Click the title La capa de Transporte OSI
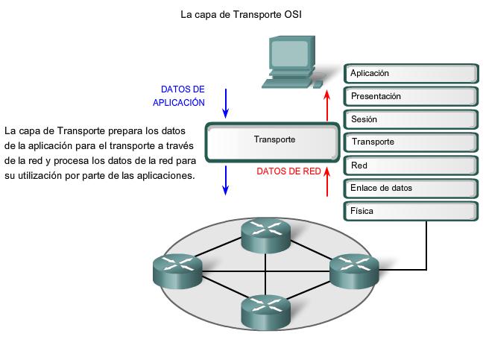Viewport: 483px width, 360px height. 241,13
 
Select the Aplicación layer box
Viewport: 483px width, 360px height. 411,74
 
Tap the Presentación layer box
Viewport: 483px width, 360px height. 411,97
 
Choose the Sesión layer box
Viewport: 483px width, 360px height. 411,120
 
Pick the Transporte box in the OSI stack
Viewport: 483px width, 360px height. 411,142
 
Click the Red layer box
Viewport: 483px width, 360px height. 411,165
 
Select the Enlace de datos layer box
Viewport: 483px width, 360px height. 411,189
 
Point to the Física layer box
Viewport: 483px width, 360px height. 411,212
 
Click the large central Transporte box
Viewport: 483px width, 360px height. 274,141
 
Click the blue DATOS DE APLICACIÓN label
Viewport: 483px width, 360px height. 180,96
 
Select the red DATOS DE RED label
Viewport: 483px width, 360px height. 288,171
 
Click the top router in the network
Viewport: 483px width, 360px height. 266,235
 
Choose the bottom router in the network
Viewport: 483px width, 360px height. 266,312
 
